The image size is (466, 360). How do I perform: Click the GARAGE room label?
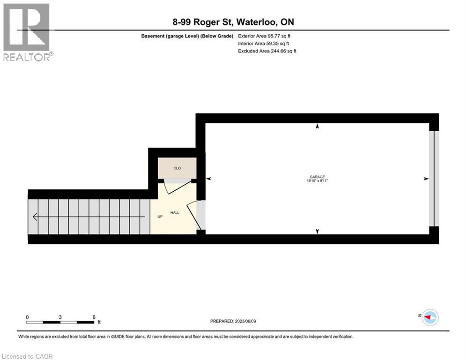pos(318,177)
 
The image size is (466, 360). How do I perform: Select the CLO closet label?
pos(177,168)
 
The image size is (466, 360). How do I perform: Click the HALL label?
pos(175,212)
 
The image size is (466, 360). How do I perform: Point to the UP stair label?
pos(160,217)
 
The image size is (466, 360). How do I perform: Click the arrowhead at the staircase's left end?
pos(35,217)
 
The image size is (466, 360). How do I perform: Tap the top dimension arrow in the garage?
pos(318,126)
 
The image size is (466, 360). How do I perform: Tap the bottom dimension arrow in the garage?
pos(318,231)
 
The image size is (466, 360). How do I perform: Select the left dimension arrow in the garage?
pos(209,179)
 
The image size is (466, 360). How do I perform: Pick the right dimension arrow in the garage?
pos(426,179)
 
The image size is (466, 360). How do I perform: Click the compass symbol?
pos(429,317)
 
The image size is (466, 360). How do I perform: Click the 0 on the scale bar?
pos(27,317)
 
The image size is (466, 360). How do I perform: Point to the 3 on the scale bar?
pos(60,317)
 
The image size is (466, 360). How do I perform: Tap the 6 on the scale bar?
pos(94,317)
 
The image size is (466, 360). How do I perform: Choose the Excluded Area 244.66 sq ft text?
pos(267,51)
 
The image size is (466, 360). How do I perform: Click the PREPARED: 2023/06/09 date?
pos(234,321)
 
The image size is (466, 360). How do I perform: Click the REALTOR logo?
pos(27,32)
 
